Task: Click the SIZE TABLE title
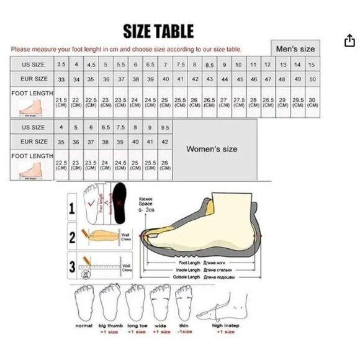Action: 158,30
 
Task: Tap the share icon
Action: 349,41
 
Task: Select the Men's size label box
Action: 295,48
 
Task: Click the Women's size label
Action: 212,149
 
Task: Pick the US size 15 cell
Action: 312,65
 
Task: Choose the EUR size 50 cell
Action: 312,79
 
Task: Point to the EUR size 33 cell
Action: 61,79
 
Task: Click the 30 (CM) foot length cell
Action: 312,103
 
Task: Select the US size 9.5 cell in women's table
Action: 164,127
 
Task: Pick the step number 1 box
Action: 72,209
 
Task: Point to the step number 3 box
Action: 72,268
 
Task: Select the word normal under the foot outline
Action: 84,325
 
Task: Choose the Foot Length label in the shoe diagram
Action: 185,263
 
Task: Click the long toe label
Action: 137,325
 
